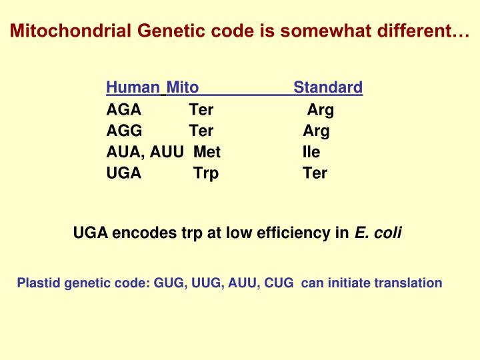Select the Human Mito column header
(152, 87)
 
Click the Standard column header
(328, 87)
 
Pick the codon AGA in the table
(123, 109)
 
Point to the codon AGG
(124, 131)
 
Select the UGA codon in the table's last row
(124, 173)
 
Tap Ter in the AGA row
(201, 109)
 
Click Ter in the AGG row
(201, 131)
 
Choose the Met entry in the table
(207, 152)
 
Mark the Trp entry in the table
(206, 173)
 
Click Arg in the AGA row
(320, 109)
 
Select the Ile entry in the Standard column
(311, 152)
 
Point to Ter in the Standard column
(315, 173)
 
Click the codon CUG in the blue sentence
(279, 283)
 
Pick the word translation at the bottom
(408, 283)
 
